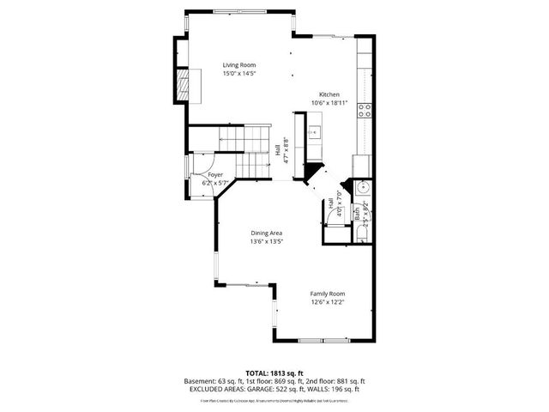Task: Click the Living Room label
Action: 239,65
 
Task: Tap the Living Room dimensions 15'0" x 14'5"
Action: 239,74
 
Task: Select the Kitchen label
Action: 329,94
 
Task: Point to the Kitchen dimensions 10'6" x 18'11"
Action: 329,103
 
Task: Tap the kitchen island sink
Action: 315,132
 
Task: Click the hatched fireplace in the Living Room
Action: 182,84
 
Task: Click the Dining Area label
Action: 267,233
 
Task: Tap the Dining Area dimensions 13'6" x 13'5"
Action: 267,241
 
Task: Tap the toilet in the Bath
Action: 363,232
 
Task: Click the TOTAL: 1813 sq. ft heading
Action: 274,373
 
